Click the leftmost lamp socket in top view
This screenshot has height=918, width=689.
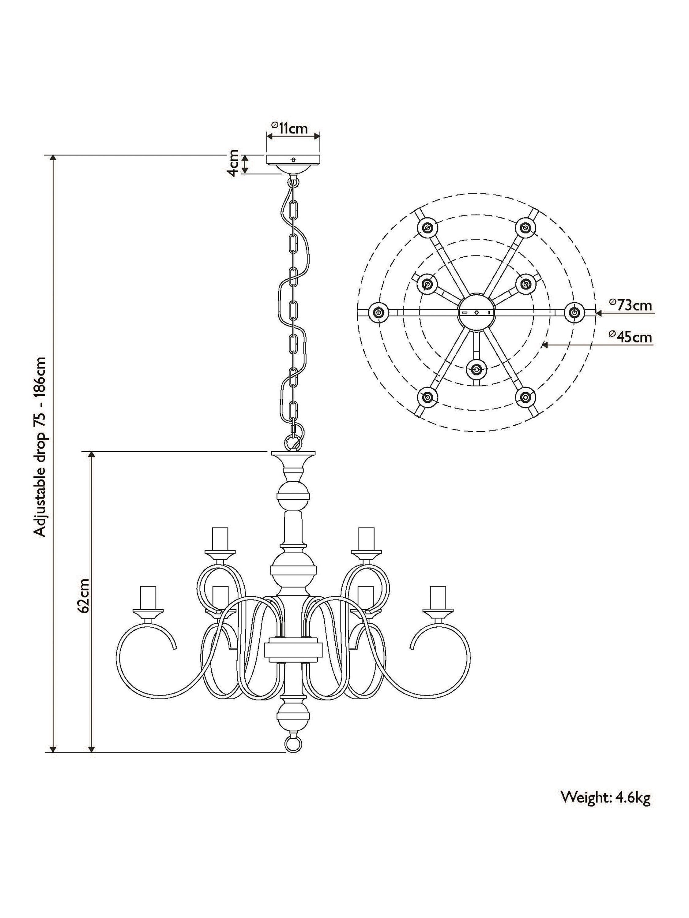coord(378,312)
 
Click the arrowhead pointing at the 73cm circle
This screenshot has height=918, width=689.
coord(598,312)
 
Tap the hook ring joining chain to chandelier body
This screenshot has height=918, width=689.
coord(294,441)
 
